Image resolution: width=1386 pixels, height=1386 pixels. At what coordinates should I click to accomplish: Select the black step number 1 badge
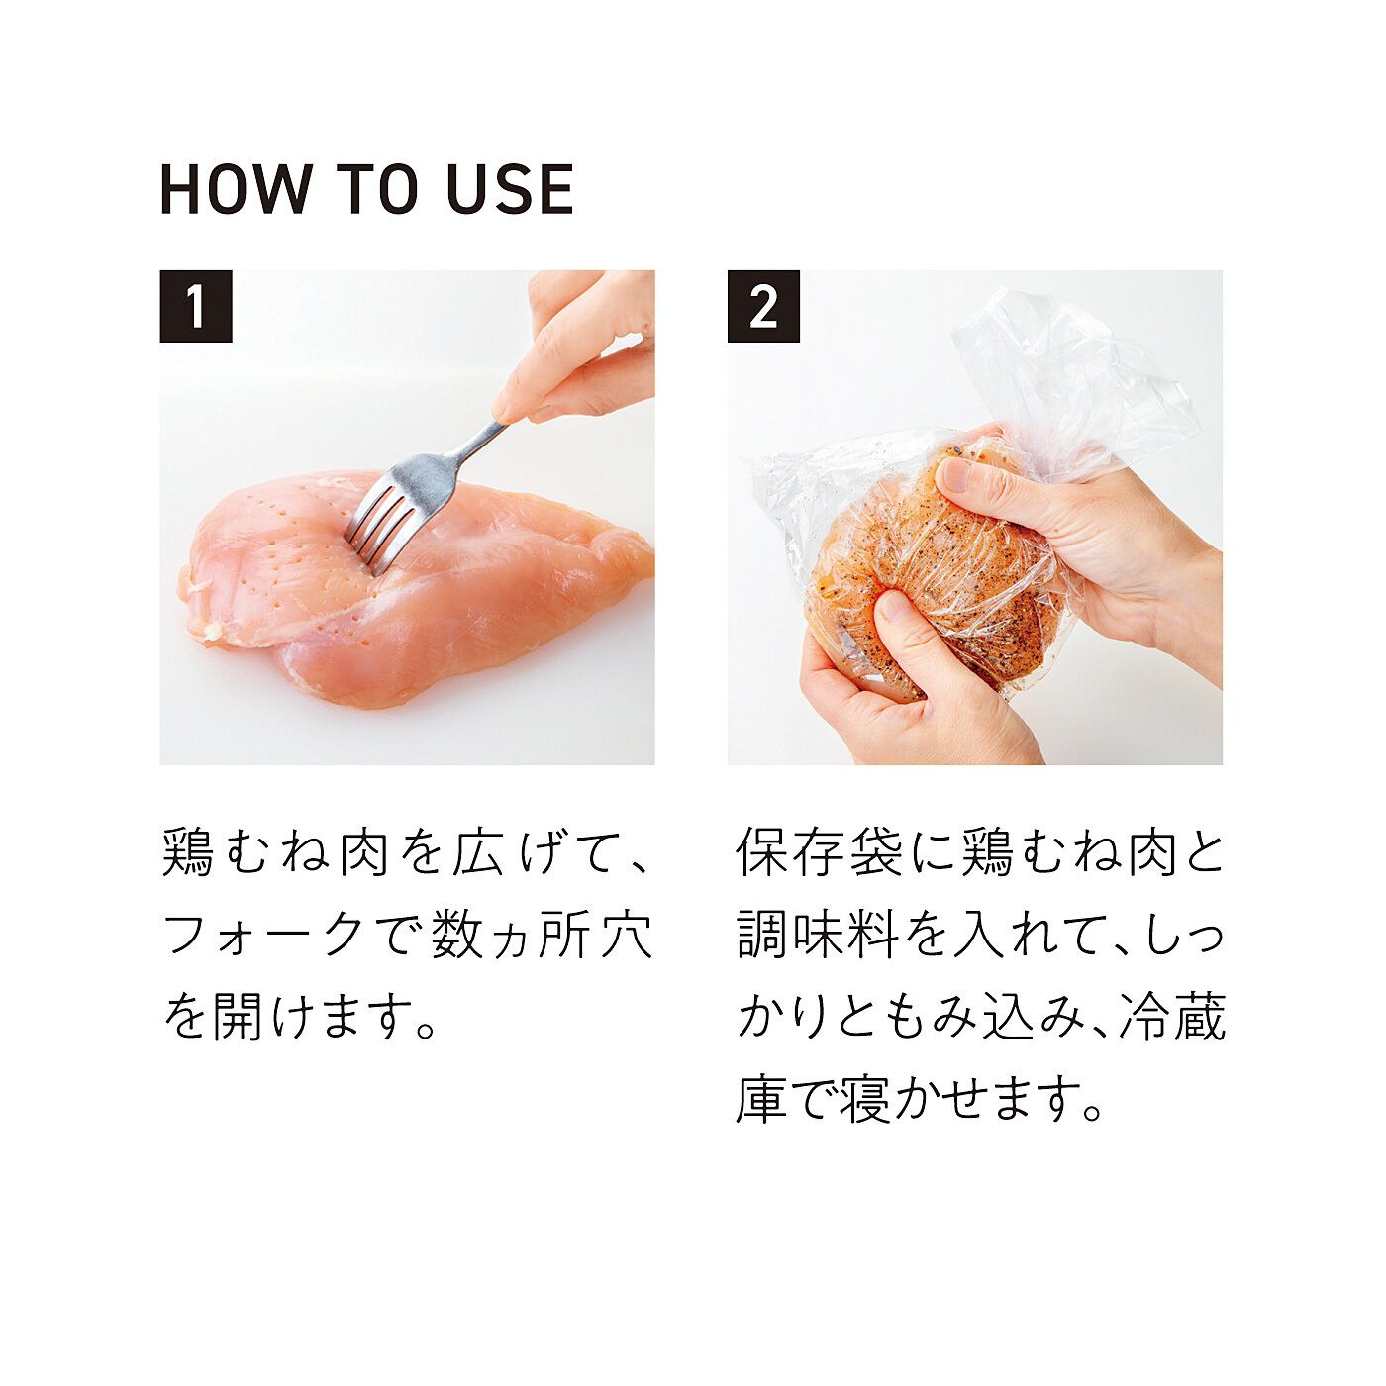click(x=196, y=306)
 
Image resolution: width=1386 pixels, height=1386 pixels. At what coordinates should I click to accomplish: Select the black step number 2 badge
click(x=763, y=306)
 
